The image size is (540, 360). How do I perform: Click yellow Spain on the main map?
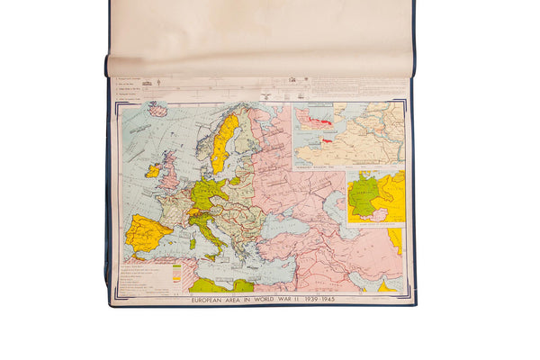147,232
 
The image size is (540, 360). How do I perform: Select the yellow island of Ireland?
153,169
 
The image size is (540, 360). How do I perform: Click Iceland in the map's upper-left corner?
159,110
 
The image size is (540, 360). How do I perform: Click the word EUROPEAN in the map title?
213,298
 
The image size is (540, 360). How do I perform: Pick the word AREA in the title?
242,298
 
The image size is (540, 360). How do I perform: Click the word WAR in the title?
295,298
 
